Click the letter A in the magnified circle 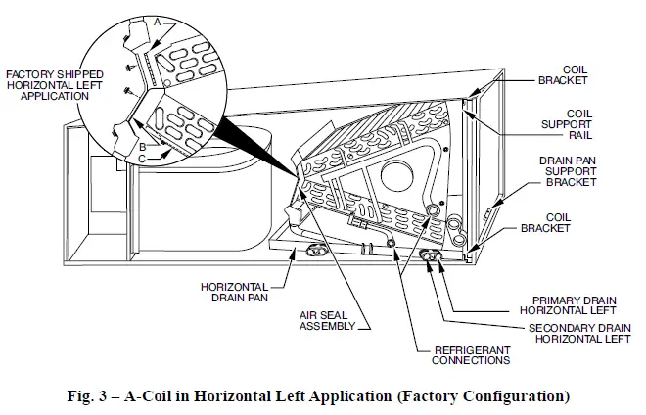point(157,19)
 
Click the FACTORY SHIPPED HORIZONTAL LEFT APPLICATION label point(55,86)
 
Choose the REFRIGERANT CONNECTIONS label point(461,354)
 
